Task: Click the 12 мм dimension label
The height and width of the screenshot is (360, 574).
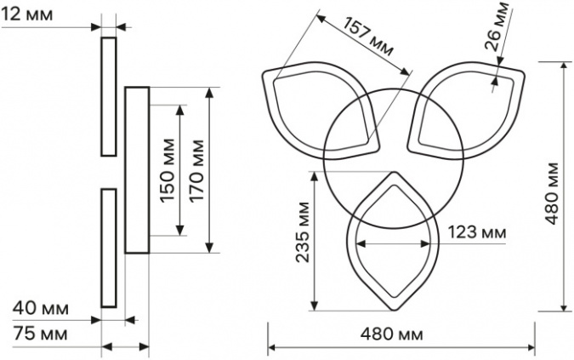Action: click(27, 14)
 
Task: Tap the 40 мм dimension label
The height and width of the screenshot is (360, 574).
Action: click(41, 308)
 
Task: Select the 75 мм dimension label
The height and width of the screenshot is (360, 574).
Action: click(40, 334)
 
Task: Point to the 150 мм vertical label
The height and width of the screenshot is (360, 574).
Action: click(167, 170)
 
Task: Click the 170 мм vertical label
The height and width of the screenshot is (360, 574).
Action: click(196, 170)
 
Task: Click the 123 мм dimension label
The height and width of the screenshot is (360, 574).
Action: click(477, 231)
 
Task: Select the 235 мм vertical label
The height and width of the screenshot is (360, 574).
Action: click(303, 231)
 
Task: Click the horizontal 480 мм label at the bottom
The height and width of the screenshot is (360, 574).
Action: click(391, 334)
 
